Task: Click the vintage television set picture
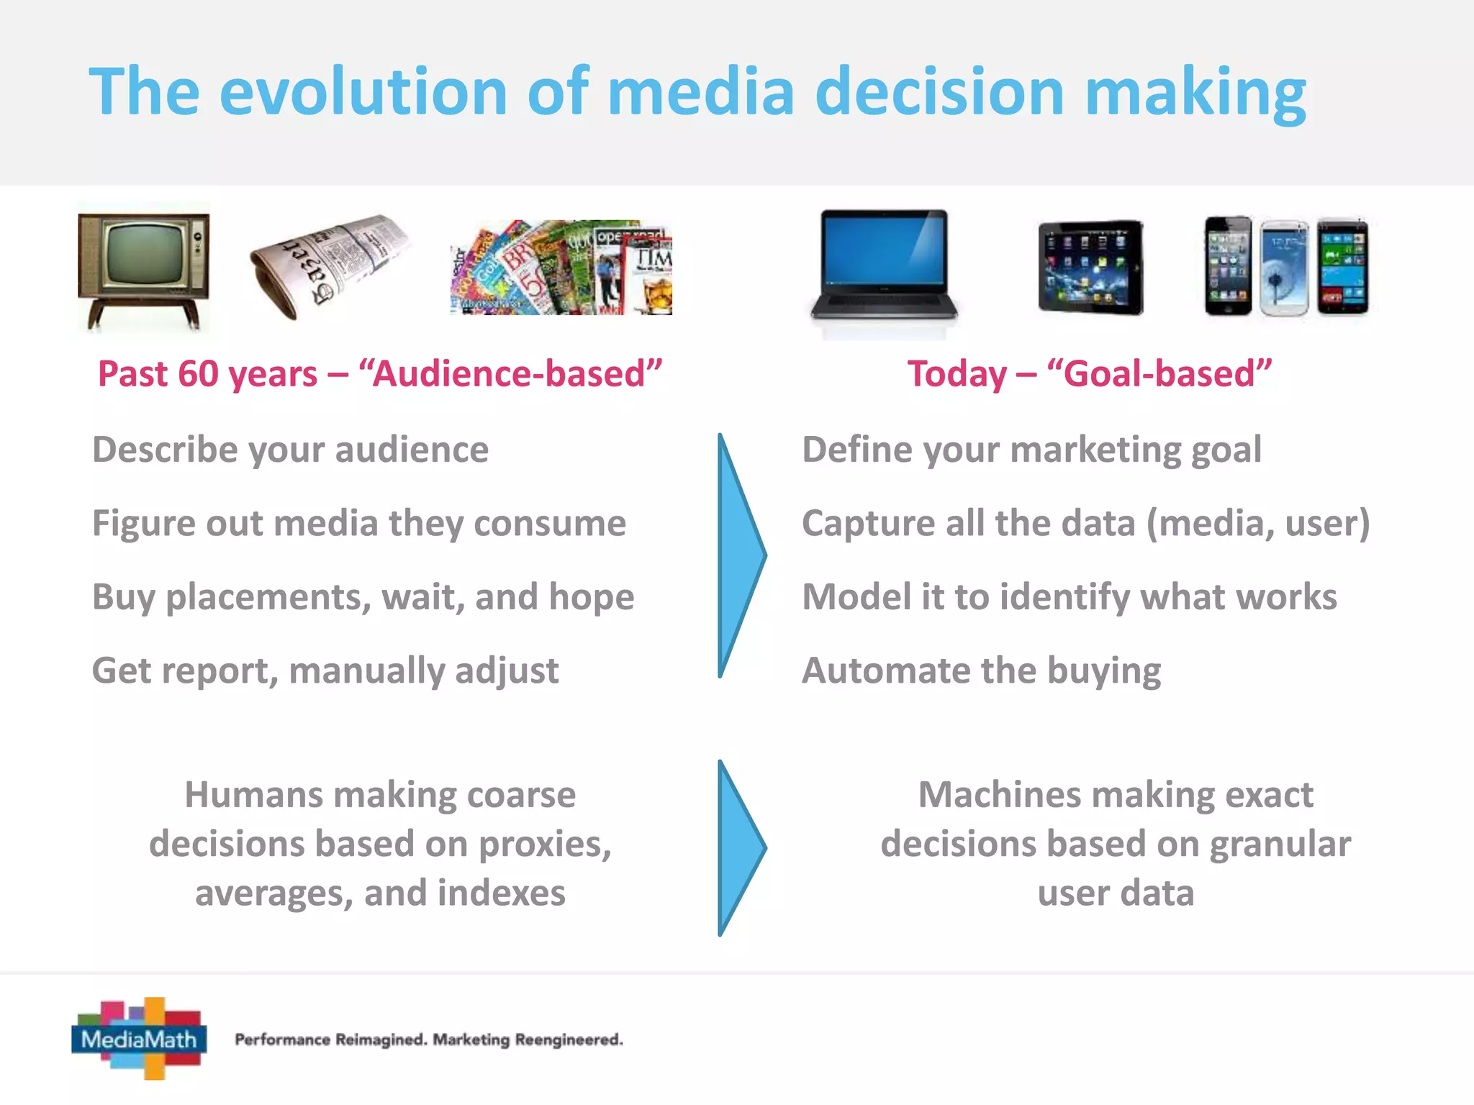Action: (x=143, y=268)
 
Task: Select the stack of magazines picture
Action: (x=561, y=268)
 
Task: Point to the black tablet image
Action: (x=1090, y=267)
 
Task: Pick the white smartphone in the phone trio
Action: (x=1285, y=268)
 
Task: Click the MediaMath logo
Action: (x=139, y=1038)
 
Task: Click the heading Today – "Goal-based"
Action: (x=1089, y=374)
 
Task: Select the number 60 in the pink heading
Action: (x=197, y=374)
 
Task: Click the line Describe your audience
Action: (x=290, y=450)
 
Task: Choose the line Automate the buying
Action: (x=981, y=670)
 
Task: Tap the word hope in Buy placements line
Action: (x=591, y=597)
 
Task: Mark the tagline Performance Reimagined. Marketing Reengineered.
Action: (x=429, y=1040)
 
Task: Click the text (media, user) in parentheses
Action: (x=1258, y=524)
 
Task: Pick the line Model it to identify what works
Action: (x=1070, y=597)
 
